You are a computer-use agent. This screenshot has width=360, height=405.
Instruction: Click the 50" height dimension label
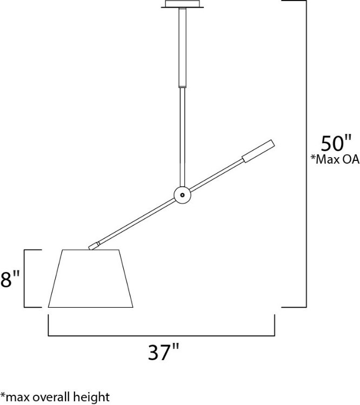click(x=336, y=144)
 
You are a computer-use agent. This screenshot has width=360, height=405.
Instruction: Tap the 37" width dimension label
click(x=163, y=353)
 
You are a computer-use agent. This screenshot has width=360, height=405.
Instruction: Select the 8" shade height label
click(x=10, y=280)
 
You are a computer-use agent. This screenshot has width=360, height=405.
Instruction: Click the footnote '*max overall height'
click(x=55, y=397)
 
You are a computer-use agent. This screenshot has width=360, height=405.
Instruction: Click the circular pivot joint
click(x=182, y=194)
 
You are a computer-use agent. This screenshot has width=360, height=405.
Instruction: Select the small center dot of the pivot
click(x=183, y=194)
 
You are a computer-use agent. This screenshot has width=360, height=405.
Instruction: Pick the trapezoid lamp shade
click(x=91, y=279)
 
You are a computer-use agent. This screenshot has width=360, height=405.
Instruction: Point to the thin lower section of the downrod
click(x=183, y=135)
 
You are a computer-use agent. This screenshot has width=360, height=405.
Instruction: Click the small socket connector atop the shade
click(x=94, y=246)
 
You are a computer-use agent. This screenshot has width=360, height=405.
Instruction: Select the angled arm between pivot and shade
click(x=135, y=222)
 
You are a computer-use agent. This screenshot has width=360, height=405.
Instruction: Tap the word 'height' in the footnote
click(x=93, y=397)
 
